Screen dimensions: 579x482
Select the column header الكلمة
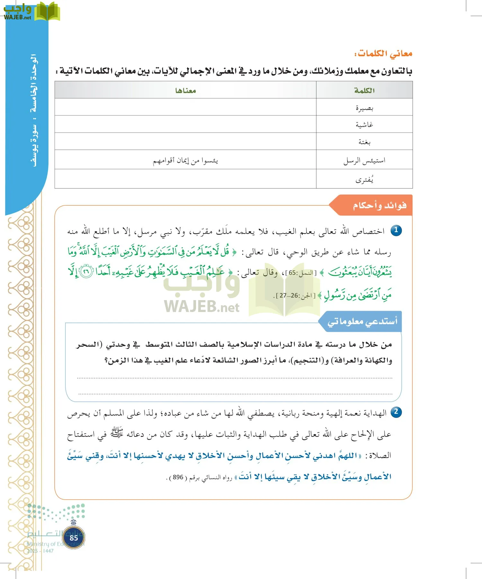tap(364, 90)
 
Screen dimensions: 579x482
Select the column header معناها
tap(185, 90)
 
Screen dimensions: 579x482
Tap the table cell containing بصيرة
tap(364, 108)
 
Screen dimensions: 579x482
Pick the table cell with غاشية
tap(364, 124)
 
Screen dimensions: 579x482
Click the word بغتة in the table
tap(364, 142)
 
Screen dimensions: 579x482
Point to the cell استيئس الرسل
tap(364, 160)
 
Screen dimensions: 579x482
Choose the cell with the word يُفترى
tap(364, 179)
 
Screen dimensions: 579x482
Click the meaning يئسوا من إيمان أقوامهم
tap(185, 160)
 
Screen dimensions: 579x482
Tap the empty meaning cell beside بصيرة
tap(185, 107)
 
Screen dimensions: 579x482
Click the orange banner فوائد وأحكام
tap(379, 205)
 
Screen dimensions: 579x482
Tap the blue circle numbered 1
tap(396, 230)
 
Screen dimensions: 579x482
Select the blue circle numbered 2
tap(396, 412)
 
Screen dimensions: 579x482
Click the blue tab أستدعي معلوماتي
tap(362, 321)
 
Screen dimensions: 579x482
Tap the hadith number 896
tap(178, 477)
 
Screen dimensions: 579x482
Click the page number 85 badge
tap(74, 538)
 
